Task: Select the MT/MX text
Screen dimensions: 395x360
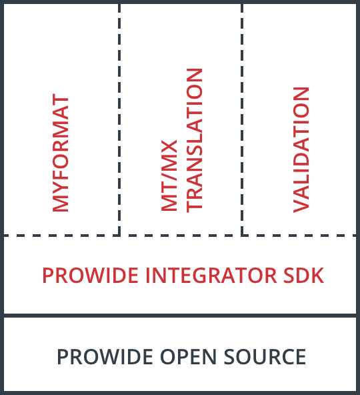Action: [171, 180]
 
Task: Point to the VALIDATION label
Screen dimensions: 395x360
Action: [301, 149]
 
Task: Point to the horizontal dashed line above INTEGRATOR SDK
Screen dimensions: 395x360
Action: [180, 236]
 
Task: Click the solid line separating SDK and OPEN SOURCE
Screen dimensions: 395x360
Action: [180, 315]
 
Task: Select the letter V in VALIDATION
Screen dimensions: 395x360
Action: [301, 205]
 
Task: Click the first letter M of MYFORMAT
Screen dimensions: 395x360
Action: [60, 204]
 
